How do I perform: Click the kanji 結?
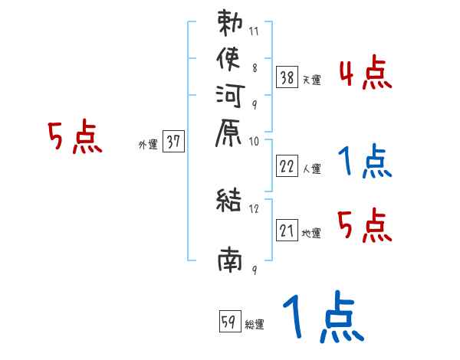click(230, 201)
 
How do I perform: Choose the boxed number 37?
click(173, 142)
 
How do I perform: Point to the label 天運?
click(312, 79)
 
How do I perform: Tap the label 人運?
click(312, 169)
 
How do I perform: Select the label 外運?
click(148, 144)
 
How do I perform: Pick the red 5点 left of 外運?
click(74, 138)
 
